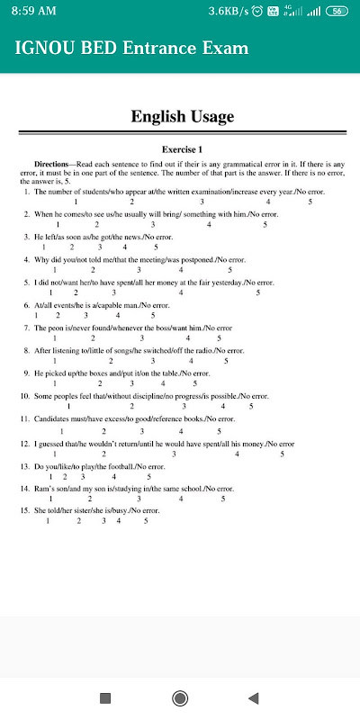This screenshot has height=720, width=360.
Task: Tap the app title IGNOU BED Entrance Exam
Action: pos(130,48)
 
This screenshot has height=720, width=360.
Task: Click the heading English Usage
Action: pos(182,117)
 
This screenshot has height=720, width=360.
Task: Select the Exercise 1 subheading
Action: pos(182,148)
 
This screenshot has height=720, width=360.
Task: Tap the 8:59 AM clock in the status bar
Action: pos(32,11)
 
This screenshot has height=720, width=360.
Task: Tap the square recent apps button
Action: pos(104,697)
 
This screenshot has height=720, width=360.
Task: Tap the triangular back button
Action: pos(254,697)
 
